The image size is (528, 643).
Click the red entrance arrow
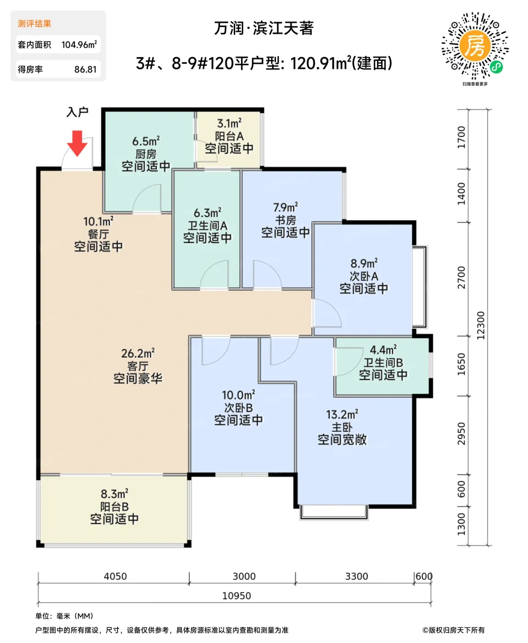click(77, 143)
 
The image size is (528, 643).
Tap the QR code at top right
click(475, 46)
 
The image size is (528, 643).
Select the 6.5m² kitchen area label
click(146, 141)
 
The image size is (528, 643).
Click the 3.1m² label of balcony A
click(229, 124)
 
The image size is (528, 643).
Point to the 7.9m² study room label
click(285, 208)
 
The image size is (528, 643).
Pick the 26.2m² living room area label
click(138, 353)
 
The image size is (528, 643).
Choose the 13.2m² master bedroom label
click(342, 414)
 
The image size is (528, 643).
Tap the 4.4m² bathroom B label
click(383, 350)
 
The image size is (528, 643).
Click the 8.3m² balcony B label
click(114, 494)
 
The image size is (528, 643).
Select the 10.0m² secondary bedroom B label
click(238, 395)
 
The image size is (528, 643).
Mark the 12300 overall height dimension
click(481, 325)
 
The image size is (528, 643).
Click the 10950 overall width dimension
click(236, 596)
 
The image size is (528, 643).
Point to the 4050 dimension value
click(115, 576)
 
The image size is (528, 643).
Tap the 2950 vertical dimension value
click(461, 434)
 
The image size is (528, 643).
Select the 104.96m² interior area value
click(79, 45)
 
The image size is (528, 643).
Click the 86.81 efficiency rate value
click(85, 69)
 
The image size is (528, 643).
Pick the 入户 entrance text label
click(77, 112)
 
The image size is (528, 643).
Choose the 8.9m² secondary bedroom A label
click(364, 264)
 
